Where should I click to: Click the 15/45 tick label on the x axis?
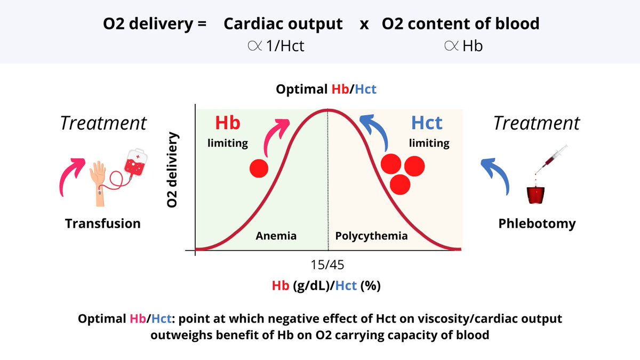click(327, 265)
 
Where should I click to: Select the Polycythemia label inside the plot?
click(371, 236)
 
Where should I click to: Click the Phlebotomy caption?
click(537, 223)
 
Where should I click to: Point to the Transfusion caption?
click(103, 223)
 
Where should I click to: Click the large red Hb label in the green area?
click(228, 123)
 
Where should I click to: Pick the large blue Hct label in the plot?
click(427, 123)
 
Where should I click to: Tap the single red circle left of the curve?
click(259, 168)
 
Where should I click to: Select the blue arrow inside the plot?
click(376, 131)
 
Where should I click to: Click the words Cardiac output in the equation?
click(283, 23)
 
